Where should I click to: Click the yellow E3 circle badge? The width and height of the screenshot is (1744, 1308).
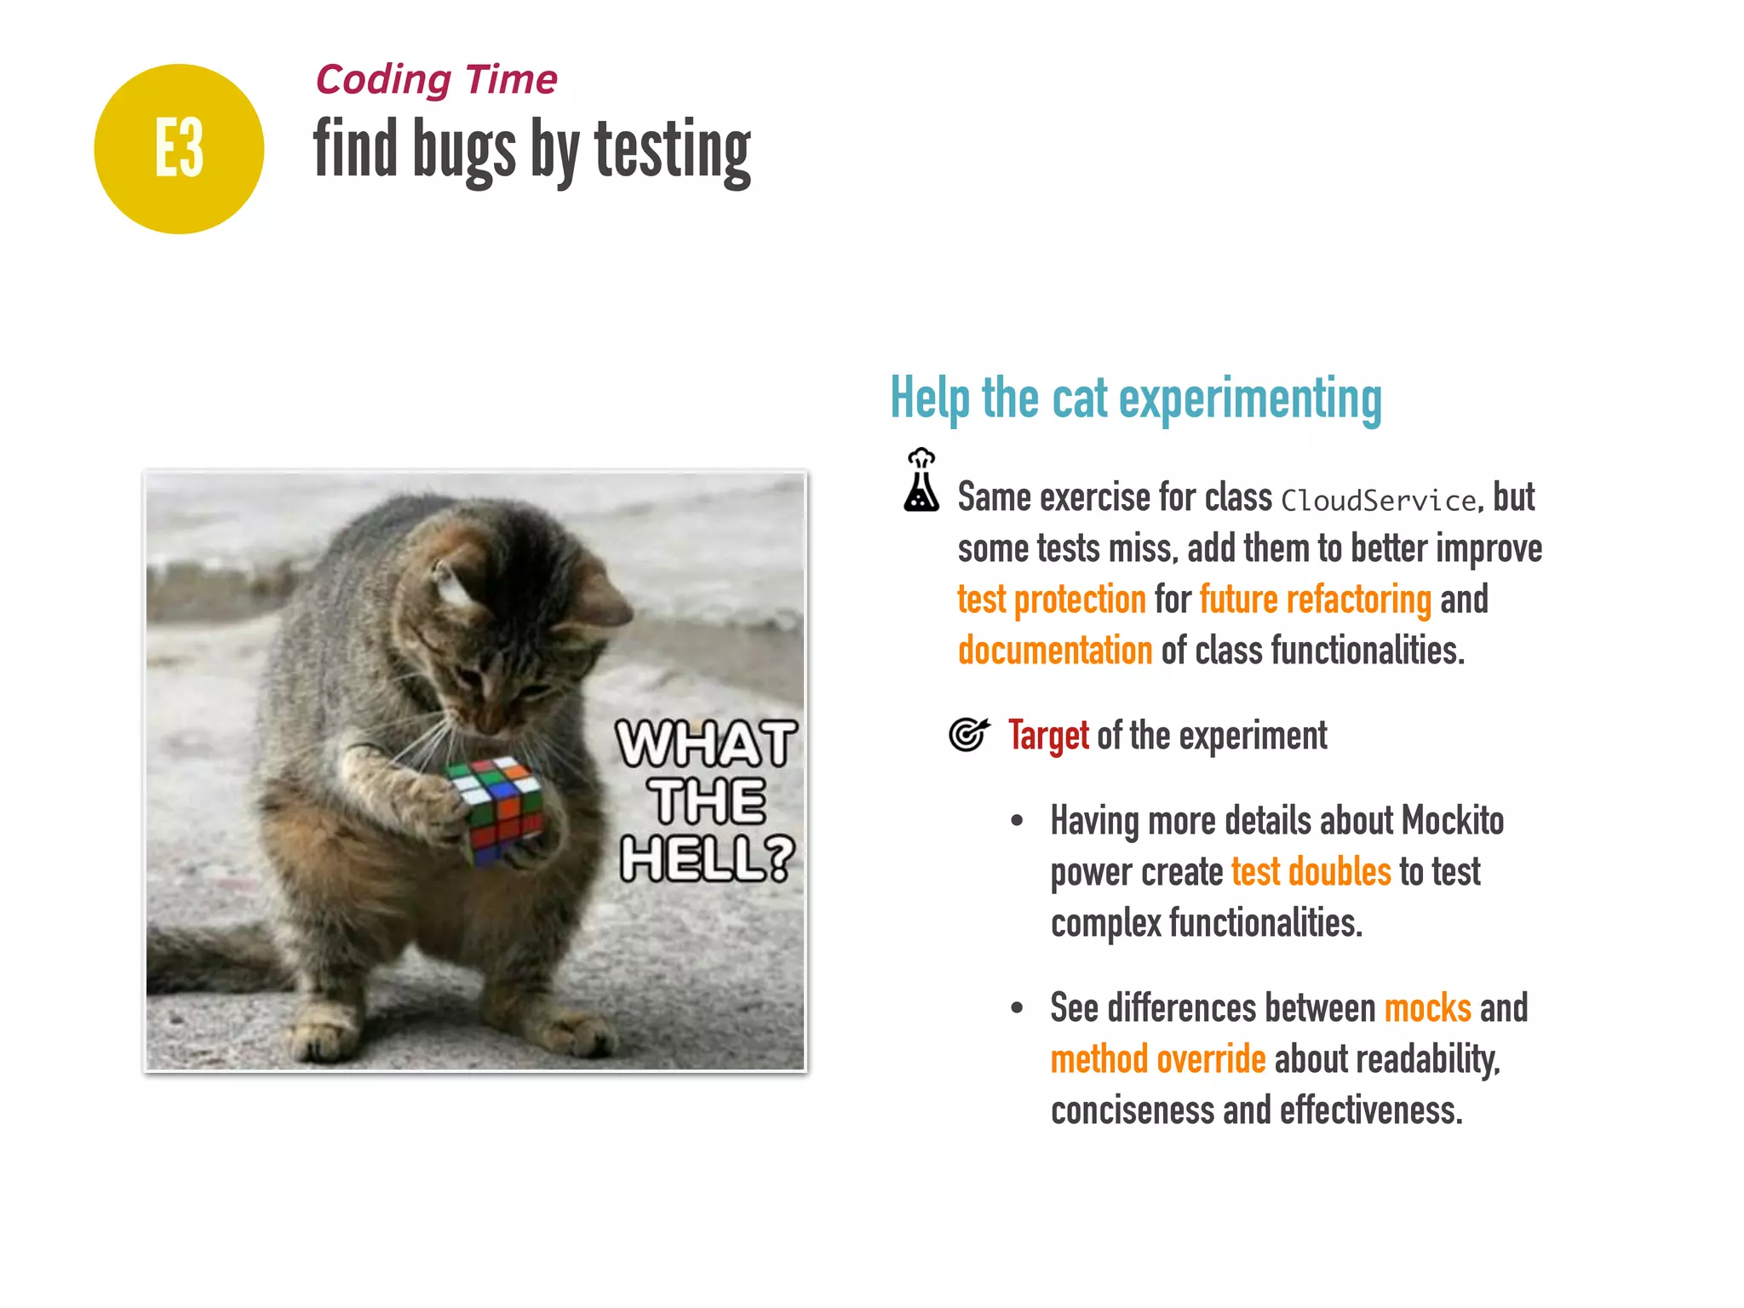pyautogui.click(x=179, y=149)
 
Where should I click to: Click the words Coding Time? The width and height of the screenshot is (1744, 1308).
pyautogui.click(x=436, y=80)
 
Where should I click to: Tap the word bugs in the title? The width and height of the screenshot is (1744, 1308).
pyautogui.click(x=464, y=152)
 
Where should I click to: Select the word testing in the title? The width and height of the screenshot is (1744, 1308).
pyautogui.click(x=673, y=152)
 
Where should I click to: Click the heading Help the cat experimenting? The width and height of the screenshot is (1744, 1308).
pyautogui.click(x=1135, y=399)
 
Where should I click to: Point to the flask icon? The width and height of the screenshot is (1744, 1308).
pyautogui.click(x=921, y=481)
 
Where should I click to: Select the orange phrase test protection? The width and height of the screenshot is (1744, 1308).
pyautogui.click(x=1052, y=599)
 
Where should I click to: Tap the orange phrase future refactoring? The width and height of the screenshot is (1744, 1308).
pyautogui.click(x=1316, y=599)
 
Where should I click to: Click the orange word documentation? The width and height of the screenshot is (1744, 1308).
pyautogui.click(x=1055, y=651)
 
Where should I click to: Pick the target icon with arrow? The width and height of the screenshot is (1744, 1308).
pyautogui.click(x=969, y=734)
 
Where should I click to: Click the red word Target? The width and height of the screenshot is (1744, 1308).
pyautogui.click(x=1048, y=736)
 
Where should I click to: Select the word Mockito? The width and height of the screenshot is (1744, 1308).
pyautogui.click(x=1452, y=821)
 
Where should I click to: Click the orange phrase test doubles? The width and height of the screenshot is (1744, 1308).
pyautogui.click(x=1311, y=872)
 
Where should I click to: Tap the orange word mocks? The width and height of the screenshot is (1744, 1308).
pyautogui.click(x=1427, y=1008)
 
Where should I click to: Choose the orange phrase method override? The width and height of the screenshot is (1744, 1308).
pyautogui.click(x=1158, y=1059)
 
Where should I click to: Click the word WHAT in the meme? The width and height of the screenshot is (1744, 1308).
pyautogui.click(x=707, y=743)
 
